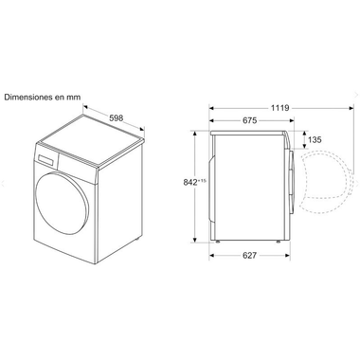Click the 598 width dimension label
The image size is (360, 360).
click(x=116, y=118)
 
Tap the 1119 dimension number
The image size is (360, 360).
click(x=279, y=108)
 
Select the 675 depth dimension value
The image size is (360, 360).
click(x=249, y=120)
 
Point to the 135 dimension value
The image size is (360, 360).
click(x=315, y=139)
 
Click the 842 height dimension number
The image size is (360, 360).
click(x=190, y=182)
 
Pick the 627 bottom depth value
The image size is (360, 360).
click(x=249, y=255)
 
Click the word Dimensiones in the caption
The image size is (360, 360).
click(x=28, y=97)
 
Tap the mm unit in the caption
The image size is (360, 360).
click(x=74, y=98)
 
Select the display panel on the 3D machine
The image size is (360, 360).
click(x=46, y=159)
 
